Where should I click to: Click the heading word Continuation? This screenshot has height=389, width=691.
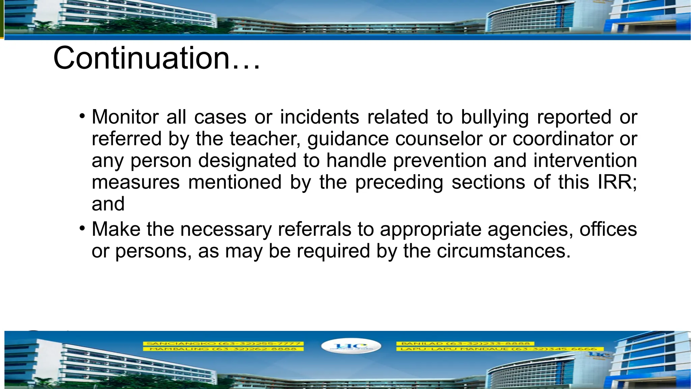pyautogui.click(x=142, y=58)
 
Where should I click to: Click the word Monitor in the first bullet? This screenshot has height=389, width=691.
pyautogui.click(x=125, y=117)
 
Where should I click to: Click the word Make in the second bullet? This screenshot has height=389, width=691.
pyautogui.click(x=116, y=229)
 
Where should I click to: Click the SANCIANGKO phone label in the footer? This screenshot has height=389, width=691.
pyautogui.click(x=223, y=343)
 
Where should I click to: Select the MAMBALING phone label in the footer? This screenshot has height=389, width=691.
pyautogui.click(x=223, y=349)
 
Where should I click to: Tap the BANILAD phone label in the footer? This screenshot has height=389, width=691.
pyautogui.click(x=465, y=343)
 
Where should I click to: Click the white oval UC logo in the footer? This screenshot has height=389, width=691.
pyautogui.click(x=351, y=346)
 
